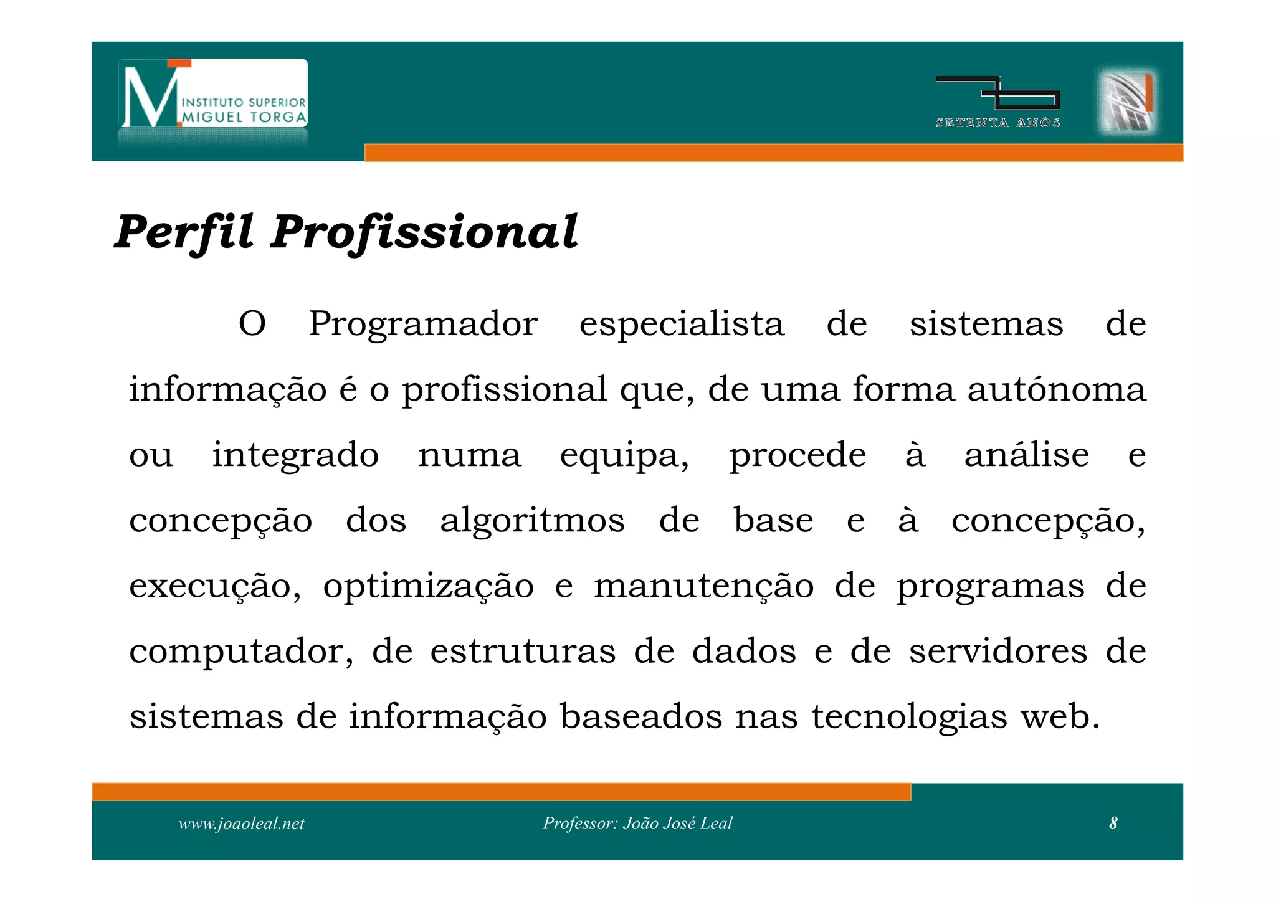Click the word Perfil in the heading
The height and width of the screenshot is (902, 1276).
click(184, 232)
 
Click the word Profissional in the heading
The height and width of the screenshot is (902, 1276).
click(424, 232)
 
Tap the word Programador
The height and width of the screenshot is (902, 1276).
click(423, 325)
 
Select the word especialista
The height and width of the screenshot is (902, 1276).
click(682, 325)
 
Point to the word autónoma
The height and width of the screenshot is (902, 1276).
click(1057, 389)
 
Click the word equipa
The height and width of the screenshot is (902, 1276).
click(624, 455)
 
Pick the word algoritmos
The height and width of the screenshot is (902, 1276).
click(532, 520)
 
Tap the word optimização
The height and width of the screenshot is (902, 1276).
click(428, 586)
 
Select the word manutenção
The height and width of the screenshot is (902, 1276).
click(703, 586)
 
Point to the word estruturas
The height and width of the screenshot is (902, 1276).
click(523, 652)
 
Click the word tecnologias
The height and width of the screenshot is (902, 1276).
click(909, 717)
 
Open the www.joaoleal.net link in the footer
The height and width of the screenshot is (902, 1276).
click(241, 824)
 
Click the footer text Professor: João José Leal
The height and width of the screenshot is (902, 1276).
click(637, 824)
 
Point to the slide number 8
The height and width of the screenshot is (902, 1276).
click(1113, 824)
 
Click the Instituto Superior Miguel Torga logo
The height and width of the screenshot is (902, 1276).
click(213, 95)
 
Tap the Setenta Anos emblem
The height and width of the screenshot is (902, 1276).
click(997, 102)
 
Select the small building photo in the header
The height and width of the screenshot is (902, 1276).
click(1126, 101)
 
